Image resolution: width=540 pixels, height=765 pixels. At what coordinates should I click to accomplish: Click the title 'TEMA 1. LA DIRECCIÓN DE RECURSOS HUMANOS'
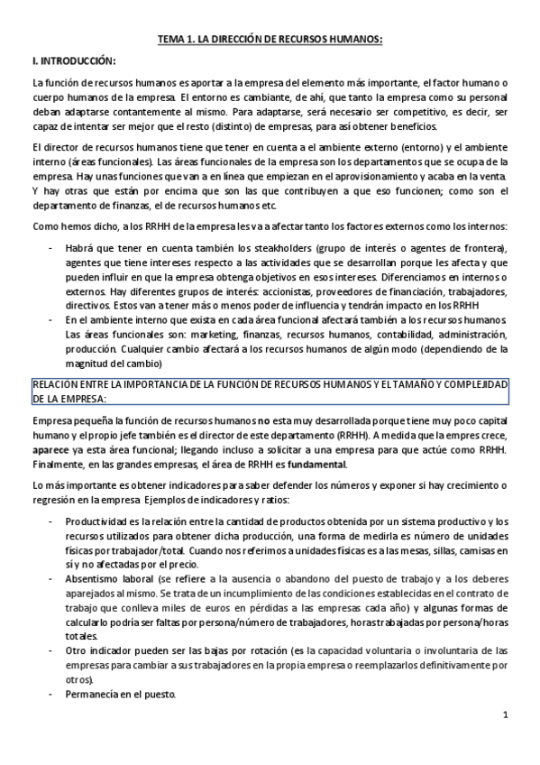[x=270, y=39]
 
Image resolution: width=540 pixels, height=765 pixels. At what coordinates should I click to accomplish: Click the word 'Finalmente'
[x=58, y=465]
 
